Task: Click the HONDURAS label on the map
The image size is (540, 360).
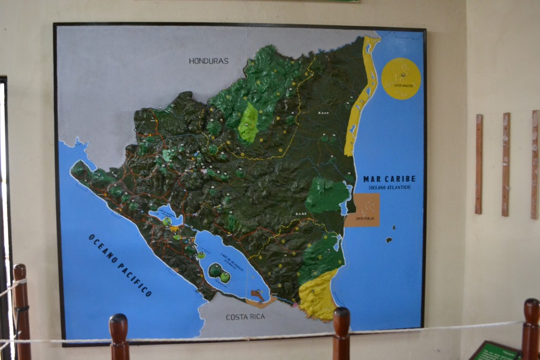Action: pyautogui.click(x=209, y=61)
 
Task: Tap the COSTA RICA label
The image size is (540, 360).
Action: pyautogui.click(x=245, y=317)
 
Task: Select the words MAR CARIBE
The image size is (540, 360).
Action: pyautogui.click(x=389, y=179)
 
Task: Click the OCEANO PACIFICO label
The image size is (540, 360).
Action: pyautogui.click(x=120, y=265)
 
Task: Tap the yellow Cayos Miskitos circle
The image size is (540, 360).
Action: pyautogui.click(x=401, y=79)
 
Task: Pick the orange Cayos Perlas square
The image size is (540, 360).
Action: pyautogui.click(x=362, y=210)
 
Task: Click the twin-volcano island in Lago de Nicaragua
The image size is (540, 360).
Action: pyautogui.click(x=219, y=273)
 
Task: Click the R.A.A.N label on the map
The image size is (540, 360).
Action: pyautogui.click(x=324, y=112)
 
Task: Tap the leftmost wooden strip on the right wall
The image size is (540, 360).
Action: pyautogui.click(x=478, y=164)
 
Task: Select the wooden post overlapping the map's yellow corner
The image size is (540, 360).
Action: pyautogui.click(x=341, y=332)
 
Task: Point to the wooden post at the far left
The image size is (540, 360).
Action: pyautogui.click(x=22, y=311)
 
